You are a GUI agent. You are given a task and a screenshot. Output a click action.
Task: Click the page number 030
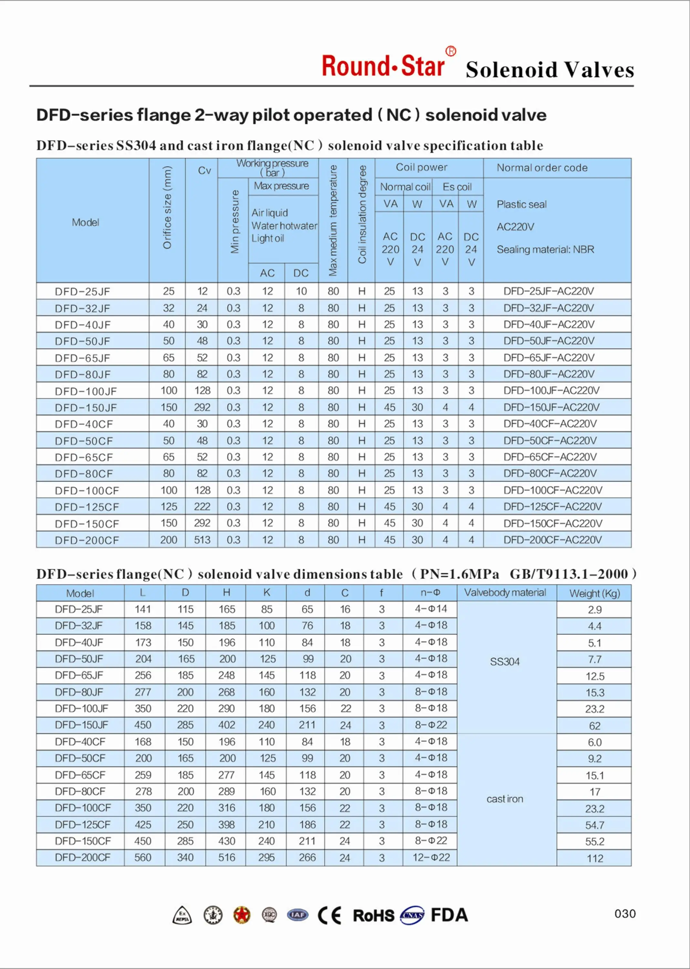[x=624, y=913]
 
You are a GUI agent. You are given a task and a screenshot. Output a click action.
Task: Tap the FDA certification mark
[x=449, y=915]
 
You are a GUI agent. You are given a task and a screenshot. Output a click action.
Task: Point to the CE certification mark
[x=329, y=915]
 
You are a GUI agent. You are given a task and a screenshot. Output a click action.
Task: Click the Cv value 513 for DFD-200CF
[x=202, y=540]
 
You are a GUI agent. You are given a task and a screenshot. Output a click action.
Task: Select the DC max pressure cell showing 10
[x=301, y=291]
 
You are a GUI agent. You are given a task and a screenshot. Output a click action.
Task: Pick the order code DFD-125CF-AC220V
[x=552, y=506]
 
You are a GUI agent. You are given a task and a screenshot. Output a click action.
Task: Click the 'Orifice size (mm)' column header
[x=167, y=207]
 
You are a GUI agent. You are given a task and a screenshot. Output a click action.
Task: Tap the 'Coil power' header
[x=421, y=167]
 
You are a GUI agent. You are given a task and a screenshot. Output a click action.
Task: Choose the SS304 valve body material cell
[x=505, y=662]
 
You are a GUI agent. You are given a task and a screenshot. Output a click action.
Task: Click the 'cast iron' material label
[x=505, y=799]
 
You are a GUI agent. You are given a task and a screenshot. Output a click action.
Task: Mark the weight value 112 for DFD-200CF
[x=594, y=858]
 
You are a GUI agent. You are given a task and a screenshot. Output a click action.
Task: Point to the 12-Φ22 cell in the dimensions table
[x=431, y=857]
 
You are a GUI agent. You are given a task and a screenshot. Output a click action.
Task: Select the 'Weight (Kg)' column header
[x=594, y=593]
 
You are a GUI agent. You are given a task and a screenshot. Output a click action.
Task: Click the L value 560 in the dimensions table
[x=143, y=858]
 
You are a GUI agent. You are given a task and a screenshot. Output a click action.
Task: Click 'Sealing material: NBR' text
[x=545, y=249]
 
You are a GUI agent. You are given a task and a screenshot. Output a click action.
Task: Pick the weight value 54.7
[x=594, y=825]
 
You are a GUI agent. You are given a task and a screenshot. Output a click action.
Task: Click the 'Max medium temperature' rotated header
[x=333, y=220]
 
